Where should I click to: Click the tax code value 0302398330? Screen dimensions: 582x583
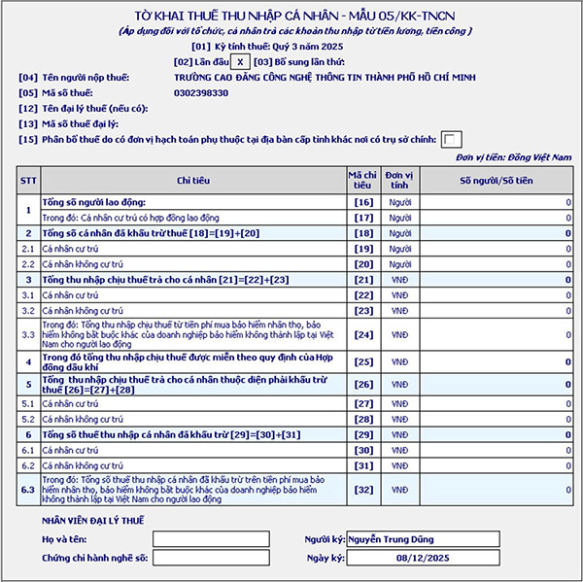(x=202, y=93)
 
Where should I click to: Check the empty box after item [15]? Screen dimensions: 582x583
(x=452, y=139)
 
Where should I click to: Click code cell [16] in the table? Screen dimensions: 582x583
(x=363, y=202)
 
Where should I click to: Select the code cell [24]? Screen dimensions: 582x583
(x=363, y=335)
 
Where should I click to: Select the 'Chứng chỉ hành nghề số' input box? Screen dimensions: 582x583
(x=211, y=558)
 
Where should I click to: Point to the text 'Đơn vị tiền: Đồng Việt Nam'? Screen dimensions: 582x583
(x=514, y=156)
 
